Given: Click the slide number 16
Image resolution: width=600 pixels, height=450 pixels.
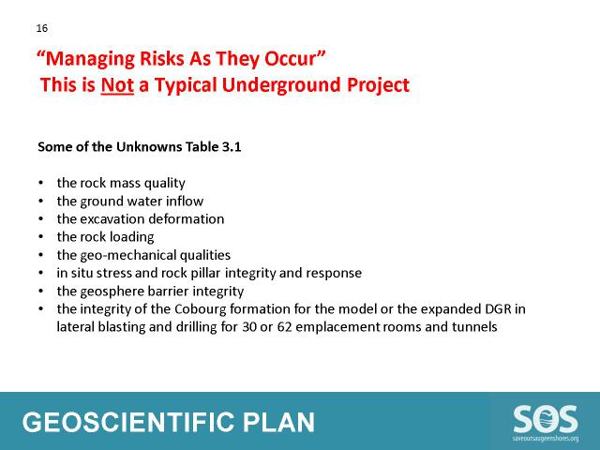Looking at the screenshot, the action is (41, 28).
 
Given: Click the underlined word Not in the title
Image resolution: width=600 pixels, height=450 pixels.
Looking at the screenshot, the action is (117, 85).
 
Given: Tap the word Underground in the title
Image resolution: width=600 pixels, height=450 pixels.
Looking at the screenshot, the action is (281, 85).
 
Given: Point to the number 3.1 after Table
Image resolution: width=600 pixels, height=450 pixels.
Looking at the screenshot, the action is (232, 147).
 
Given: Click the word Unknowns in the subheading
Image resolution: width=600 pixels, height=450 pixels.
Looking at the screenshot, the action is (149, 147).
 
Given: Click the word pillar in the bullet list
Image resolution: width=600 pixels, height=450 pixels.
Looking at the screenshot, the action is (207, 273).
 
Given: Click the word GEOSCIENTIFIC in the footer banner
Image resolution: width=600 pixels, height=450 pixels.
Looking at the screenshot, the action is (127, 423).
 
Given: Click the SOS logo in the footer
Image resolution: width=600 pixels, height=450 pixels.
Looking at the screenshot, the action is (546, 423).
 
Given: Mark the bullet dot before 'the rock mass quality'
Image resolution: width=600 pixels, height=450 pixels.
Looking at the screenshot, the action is (41, 183).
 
